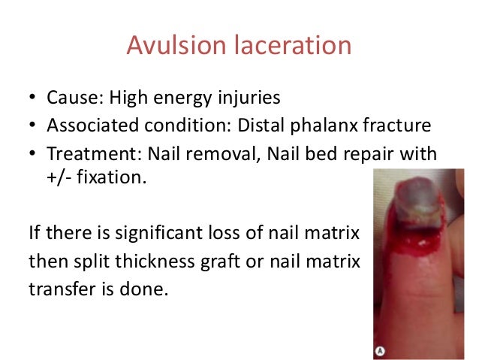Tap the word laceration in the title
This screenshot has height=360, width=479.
click(x=285, y=46)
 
